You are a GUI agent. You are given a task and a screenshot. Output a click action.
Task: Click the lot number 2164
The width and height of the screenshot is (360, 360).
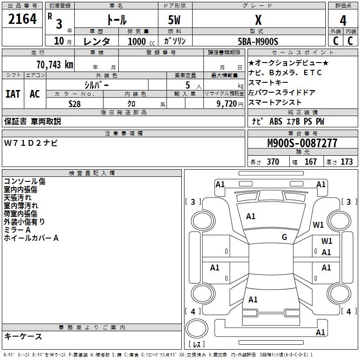[x=22, y=19]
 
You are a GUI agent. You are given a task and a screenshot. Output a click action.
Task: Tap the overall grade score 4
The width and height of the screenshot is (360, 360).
[x=343, y=21]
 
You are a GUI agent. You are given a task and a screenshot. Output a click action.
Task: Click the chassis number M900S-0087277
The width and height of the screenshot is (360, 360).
[x=302, y=143]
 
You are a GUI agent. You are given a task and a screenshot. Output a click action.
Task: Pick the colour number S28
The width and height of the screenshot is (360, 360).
[x=75, y=103]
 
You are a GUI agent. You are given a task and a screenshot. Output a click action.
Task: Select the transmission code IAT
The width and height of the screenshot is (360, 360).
[x=13, y=94]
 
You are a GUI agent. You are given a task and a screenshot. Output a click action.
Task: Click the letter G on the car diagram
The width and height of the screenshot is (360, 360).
[x=284, y=237]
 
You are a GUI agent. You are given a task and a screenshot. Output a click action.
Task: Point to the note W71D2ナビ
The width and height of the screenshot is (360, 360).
[x=31, y=143]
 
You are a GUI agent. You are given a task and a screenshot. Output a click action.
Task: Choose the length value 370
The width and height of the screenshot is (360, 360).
[x=273, y=162]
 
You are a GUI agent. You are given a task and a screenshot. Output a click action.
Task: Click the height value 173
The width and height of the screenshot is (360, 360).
[x=346, y=162]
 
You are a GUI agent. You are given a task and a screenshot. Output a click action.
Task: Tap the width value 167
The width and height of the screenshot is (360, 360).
[x=310, y=162]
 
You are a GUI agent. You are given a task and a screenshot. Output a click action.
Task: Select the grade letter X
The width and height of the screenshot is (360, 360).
[x=258, y=20]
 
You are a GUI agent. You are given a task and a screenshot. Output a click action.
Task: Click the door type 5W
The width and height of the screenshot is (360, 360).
[x=175, y=20]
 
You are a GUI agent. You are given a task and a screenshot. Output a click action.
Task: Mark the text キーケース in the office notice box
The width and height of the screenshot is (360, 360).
[x=23, y=336]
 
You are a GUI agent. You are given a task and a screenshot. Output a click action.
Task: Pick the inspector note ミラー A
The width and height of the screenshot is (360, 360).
[x=18, y=230]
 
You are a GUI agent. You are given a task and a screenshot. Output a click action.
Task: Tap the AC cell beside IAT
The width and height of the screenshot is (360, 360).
[x=35, y=94]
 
